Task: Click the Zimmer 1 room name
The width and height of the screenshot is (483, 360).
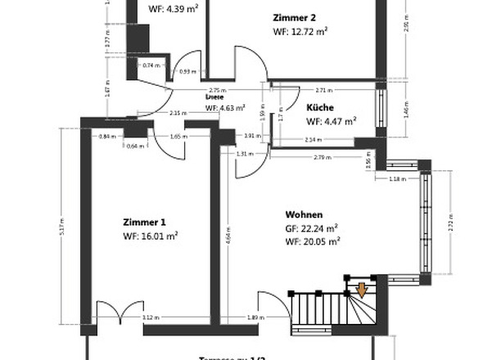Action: (144, 223)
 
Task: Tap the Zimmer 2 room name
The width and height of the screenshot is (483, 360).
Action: (293, 16)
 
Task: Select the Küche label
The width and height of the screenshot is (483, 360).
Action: (320, 107)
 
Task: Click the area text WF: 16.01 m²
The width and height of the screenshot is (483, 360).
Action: (151, 236)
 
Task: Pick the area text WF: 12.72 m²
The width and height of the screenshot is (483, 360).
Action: (300, 31)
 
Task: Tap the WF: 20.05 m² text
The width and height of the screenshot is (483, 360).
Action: (312, 241)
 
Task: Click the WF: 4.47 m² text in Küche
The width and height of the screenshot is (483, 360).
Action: (332, 121)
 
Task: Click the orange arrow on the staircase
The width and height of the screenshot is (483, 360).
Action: (361, 290)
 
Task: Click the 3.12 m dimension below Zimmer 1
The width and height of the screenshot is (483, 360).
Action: (150, 317)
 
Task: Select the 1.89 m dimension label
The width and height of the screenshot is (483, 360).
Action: (255, 317)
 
